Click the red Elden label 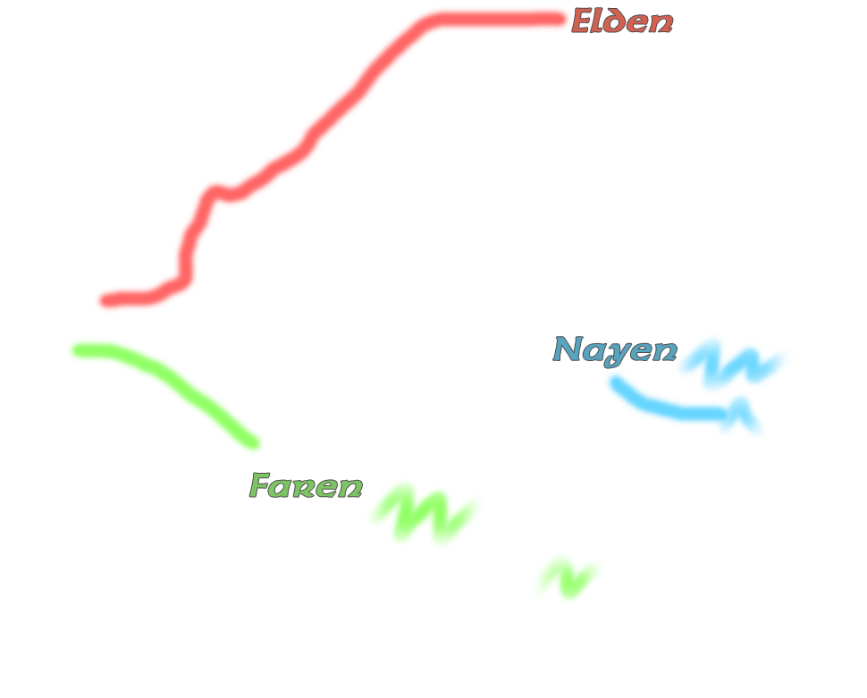[622, 21]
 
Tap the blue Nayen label [615, 350]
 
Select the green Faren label [306, 485]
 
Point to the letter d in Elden [619, 21]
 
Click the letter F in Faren [260, 485]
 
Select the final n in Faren [349, 488]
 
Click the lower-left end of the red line [106, 301]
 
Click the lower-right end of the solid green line [253, 442]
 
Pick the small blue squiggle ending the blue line [741, 415]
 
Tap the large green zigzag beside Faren [425, 511]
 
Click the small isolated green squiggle [568, 578]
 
